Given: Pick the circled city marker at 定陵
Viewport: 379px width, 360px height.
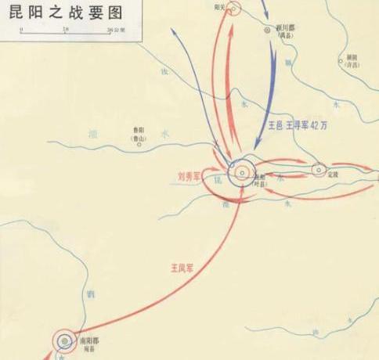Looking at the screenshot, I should click(319, 169).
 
